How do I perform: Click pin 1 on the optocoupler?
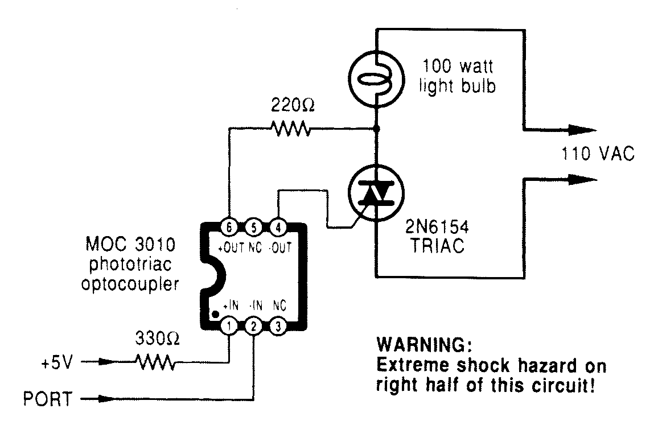[228, 327]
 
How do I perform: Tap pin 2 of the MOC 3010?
[253, 327]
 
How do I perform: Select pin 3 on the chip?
[277, 327]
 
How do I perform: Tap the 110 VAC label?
[597, 154]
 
